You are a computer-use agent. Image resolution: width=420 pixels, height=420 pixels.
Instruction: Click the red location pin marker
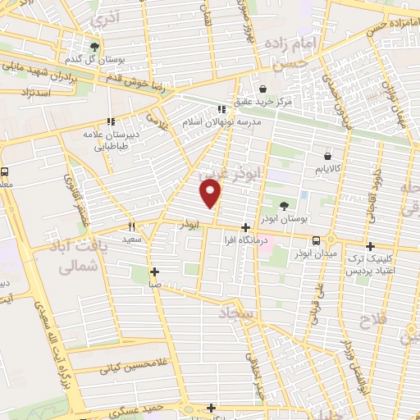tap(211, 194)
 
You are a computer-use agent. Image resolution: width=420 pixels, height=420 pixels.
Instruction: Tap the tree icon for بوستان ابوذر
tap(284, 206)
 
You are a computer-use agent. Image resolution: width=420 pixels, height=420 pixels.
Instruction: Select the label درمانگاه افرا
tap(245, 241)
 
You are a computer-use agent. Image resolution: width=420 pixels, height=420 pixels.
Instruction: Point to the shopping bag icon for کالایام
tap(327, 155)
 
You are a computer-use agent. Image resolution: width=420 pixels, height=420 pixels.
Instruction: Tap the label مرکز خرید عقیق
tap(285, 103)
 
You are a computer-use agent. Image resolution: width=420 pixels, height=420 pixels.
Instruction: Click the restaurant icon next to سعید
tap(130, 226)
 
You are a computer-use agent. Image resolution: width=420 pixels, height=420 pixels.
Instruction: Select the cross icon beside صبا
tap(154, 272)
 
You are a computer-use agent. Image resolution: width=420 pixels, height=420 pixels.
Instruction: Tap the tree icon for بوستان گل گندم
tap(95, 47)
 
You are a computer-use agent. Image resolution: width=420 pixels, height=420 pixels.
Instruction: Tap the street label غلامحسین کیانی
tap(133, 367)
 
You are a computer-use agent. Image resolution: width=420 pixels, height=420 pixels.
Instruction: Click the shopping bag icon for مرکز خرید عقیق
tap(262, 89)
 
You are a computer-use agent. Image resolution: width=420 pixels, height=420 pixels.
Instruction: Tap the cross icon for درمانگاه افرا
tap(245, 227)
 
